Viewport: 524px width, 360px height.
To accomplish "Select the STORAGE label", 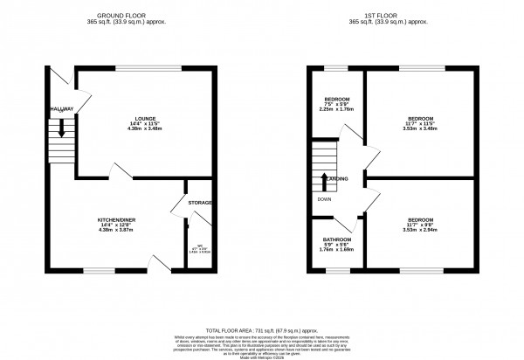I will point(201,203).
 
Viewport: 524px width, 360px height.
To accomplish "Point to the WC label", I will point(199,246).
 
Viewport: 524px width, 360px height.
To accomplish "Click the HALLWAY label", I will point(60,108).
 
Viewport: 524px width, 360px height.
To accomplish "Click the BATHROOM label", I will point(337,239).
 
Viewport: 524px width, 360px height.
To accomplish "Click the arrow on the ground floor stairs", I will point(61,128).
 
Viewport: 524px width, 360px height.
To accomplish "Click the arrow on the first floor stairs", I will point(325,180).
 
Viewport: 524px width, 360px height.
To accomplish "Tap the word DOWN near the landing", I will point(324,198).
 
